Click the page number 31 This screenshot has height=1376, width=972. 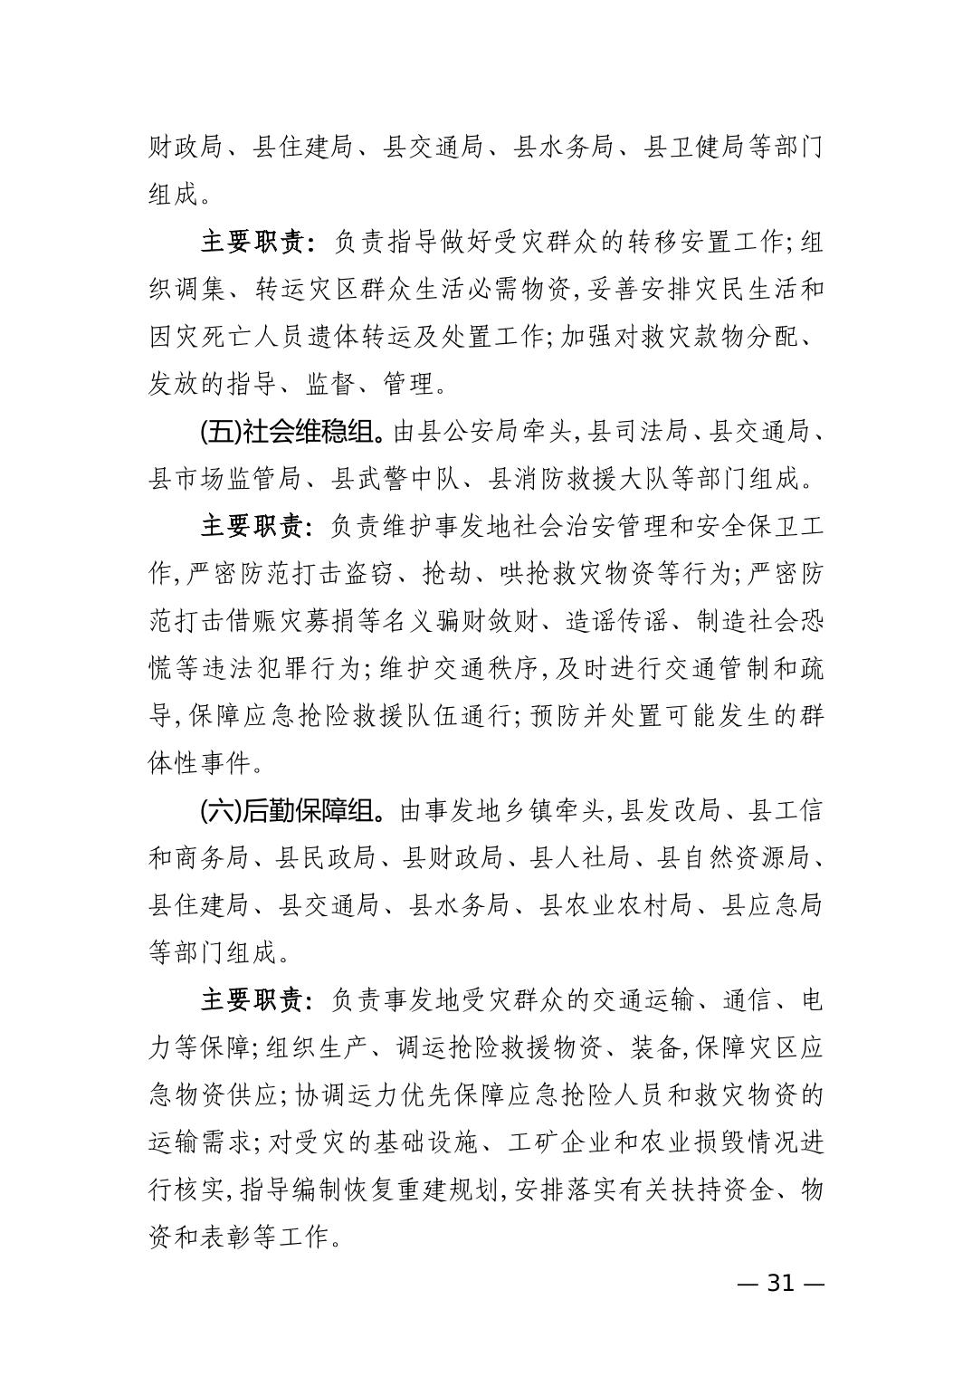[779, 1284]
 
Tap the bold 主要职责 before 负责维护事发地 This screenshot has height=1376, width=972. [252, 526]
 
